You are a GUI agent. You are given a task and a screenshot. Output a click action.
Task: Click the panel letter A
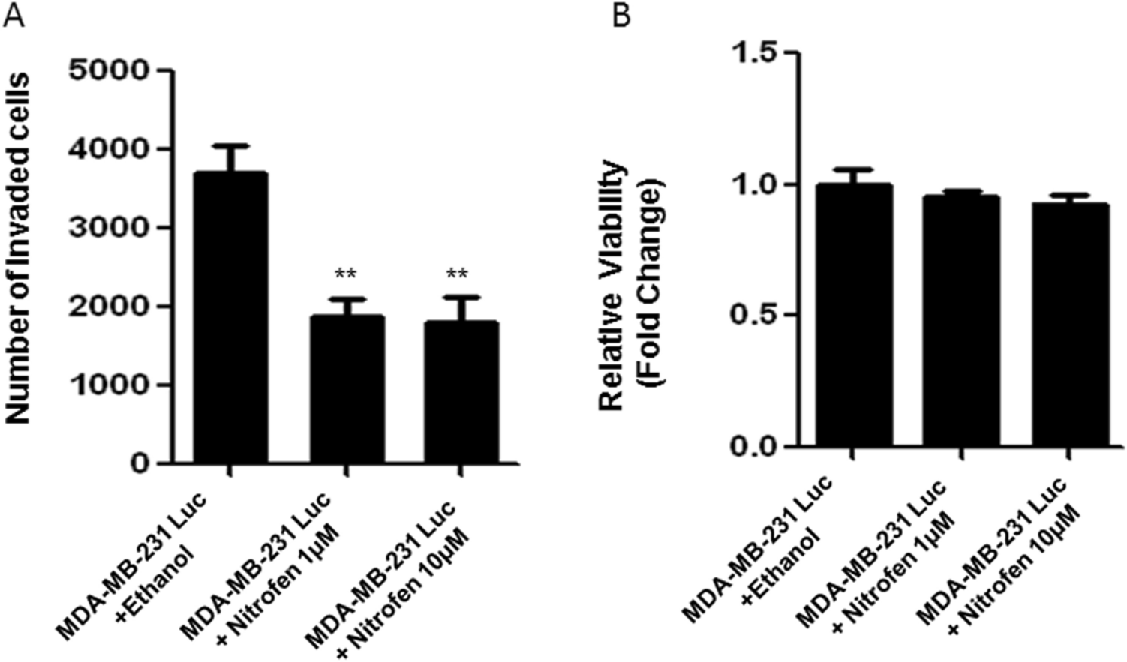tap(14, 16)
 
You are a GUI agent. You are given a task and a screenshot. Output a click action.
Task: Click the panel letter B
tap(622, 16)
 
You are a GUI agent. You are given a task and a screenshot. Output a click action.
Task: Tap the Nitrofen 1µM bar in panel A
tap(347, 390)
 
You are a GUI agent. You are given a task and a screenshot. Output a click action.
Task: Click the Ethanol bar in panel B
tap(855, 315)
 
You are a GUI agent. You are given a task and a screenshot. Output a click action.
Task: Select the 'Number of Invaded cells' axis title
tap(20, 247)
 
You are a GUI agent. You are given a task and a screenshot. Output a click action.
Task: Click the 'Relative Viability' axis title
tap(613, 285)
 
